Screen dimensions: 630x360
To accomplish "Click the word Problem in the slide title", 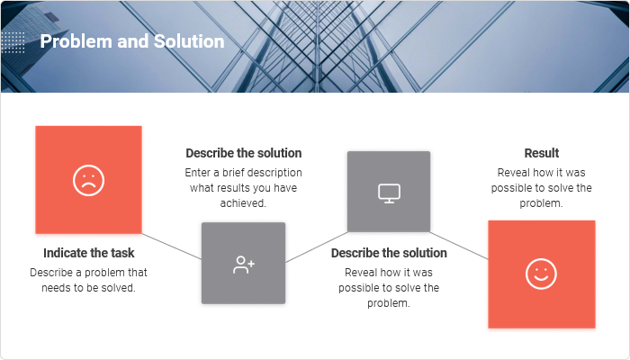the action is [x=76, y=41].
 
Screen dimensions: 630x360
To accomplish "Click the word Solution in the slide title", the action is [x=189, y=41].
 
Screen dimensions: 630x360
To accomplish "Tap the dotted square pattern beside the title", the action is [x=13, y=42].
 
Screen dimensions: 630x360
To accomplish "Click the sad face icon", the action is [x=89, y=180].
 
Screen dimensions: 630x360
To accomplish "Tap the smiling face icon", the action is [x=541, y=274].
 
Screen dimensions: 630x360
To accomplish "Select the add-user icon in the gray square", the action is [x=244, y=265].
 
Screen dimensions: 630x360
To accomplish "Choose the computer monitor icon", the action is [x=389, y=193].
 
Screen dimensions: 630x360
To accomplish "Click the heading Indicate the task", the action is [x=89, y=253].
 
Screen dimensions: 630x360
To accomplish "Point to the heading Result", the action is [x=542, y=153].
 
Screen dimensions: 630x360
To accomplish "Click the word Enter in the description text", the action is [x=198, y=173].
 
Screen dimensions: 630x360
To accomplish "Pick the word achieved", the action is [x=243, y=203].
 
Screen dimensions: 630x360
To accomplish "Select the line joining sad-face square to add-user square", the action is [x=172, y=247].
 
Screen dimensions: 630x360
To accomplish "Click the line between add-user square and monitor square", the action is [x=317, y=247].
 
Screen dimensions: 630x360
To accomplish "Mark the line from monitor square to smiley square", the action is [x=459, y=246].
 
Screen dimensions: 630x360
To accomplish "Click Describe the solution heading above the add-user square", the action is [x=244, y=153].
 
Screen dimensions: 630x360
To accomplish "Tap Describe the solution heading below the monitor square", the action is [x=389, y=253].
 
